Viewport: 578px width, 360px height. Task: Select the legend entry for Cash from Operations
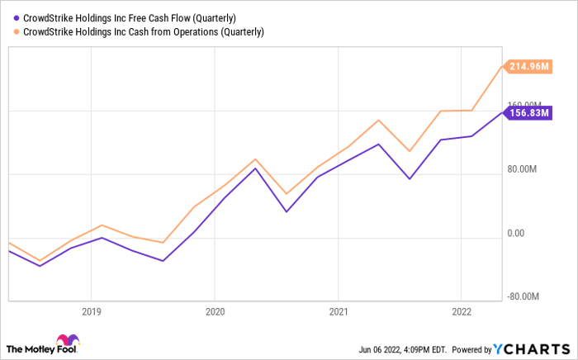[145, 32]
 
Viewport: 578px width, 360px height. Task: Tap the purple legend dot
[17, 18]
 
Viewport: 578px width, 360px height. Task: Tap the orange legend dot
[17, 32]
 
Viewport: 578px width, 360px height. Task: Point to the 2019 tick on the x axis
[91, 312]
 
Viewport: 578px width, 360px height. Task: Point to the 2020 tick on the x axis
[214, 312]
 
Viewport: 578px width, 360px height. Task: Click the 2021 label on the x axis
[338, 312]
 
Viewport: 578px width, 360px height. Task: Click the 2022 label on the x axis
[461, 312]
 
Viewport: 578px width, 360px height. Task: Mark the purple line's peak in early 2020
[255, 168]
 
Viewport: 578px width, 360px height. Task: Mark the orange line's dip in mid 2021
[409, 152]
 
